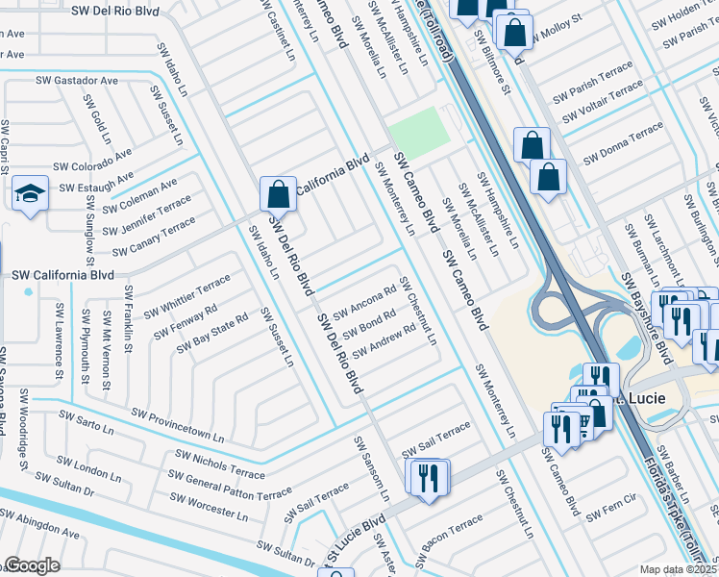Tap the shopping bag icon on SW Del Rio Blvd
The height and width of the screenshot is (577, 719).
pos(277,193)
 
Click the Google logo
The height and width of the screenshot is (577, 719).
pos(32,565)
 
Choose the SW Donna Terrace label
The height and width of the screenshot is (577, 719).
pos(623,142)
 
